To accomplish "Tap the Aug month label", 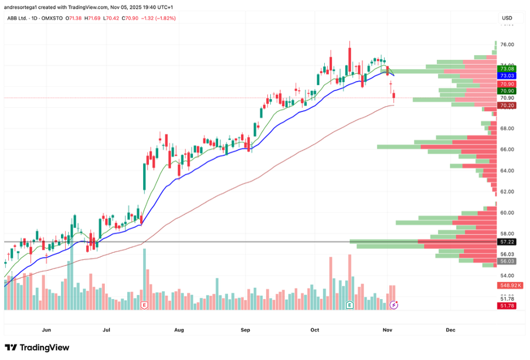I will [x=179, y=330].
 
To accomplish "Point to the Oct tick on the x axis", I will [x=315, y=330].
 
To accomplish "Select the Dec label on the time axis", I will [x=450, y=330].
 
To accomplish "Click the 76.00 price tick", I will [x=507, y=45].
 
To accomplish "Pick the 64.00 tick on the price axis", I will [x=507, y=171].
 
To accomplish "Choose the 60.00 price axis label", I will [x=507, y=213].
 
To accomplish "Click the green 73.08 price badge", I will [x=507, y=69].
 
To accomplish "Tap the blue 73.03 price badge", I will [x=507, y=76].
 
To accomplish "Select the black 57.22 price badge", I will [x=507, y=242].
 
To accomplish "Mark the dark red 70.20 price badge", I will [x=507, y=106].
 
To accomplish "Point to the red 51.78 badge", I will [x=507, y=306].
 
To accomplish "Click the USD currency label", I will [x=507, y=18].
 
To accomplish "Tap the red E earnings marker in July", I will [x=144, y=305].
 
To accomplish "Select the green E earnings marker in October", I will [x=349, y=305].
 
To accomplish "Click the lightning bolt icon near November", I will [x=394, y=305].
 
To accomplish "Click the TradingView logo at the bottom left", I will [x=37, y=348].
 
